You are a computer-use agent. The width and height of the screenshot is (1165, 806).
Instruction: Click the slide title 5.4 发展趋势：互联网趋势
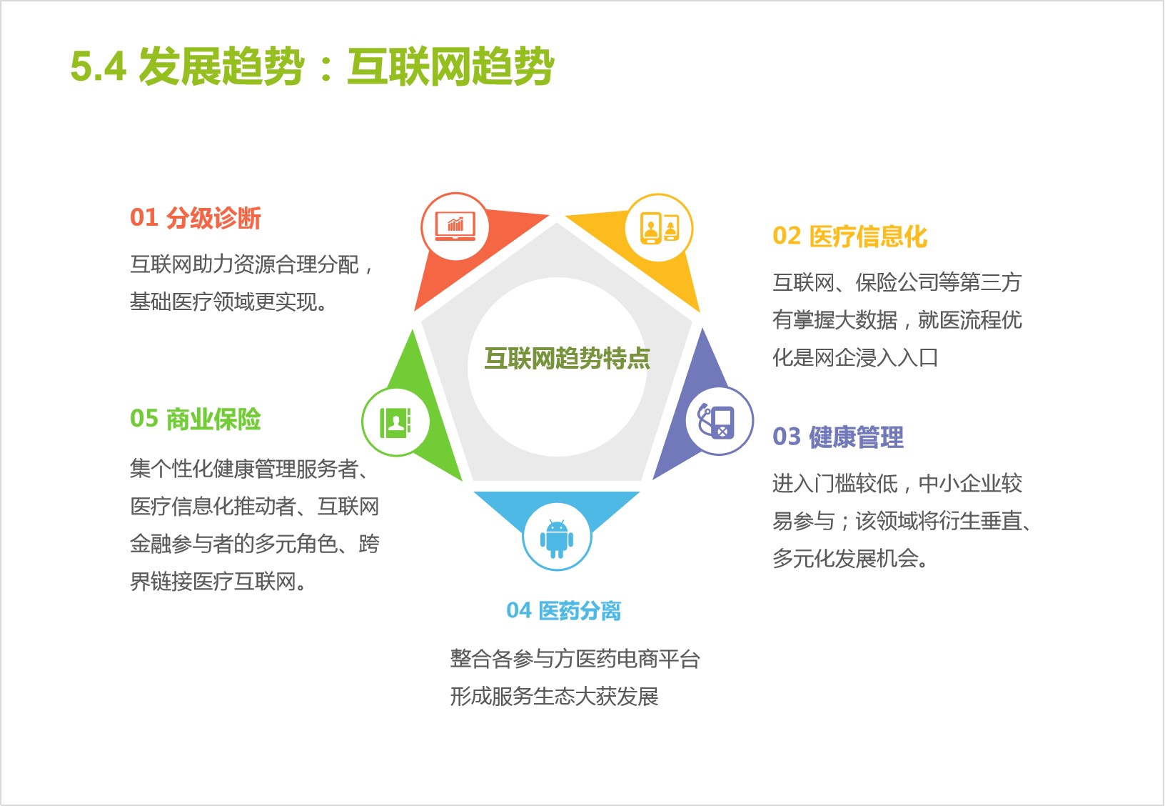click(x=312, y=66)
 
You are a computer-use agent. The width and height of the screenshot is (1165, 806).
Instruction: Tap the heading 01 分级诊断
click(x=196, y=218)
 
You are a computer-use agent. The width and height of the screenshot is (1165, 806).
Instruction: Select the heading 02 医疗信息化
click(x=849, y=236)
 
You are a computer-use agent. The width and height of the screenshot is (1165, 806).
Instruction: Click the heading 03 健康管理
click(x=838, y=437)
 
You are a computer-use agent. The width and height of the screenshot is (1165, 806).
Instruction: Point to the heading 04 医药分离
click(x=564, y=610)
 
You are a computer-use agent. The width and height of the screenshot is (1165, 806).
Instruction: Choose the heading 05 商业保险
click(x=196, y=419)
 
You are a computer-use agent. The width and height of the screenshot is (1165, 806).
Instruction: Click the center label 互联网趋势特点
click(x=567, y=358)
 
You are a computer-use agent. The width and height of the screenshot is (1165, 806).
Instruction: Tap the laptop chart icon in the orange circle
click(x=455, y=227)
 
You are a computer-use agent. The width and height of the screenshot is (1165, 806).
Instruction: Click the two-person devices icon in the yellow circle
click(x=660, y=228)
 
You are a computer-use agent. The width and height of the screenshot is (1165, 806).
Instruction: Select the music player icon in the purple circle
click(x=717, y=421)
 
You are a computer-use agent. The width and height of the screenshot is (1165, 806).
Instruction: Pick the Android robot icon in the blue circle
click(x=557, y=538)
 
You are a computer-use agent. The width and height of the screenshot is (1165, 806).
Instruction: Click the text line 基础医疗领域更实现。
click(x=229, y=302)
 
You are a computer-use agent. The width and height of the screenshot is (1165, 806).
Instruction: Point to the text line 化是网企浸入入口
click(x=855, y=357)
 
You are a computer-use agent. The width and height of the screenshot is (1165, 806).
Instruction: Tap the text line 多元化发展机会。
click(x=850, y=558)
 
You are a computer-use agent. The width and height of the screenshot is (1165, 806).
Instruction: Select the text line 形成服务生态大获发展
click(x=555, y=696)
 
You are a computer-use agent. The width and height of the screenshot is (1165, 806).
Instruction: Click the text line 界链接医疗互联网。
click(x=218, y=581)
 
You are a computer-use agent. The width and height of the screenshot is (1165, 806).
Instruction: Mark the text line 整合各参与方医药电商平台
click(x=575, y=659)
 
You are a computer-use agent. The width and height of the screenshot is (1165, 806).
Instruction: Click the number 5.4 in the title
click(x=99, y=66)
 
